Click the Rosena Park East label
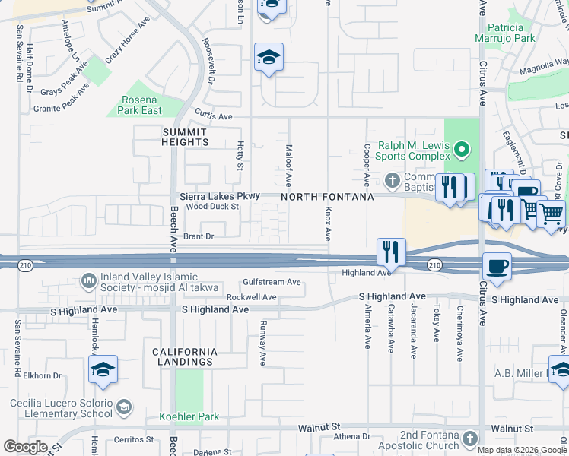point(141,105)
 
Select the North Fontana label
point(327,197)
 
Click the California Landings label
point(185,356)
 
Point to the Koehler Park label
point(189,416)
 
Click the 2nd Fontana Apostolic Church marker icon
point(469,439)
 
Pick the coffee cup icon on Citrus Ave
point(497,266)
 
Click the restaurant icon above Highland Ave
point(391,251)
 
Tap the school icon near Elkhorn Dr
point(103,369)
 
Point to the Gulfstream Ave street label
point(272,282)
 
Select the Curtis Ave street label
point(214,116)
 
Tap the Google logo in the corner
point(25,446)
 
